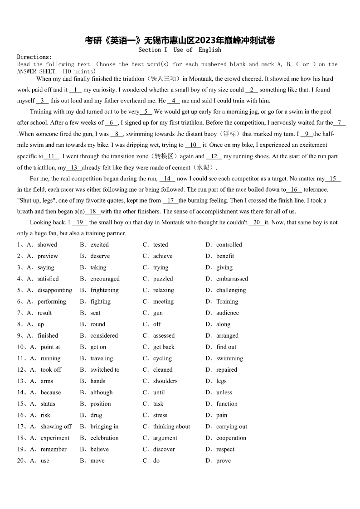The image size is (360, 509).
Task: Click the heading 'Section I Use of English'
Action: tap(180, 50)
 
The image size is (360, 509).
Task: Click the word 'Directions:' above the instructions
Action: tap(34, 57)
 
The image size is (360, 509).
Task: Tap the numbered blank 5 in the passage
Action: tap(146, 111)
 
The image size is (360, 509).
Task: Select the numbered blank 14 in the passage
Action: tap(167, 179)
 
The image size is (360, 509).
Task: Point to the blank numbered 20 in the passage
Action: tap(257, 223)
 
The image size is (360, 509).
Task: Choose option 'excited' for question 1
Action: tap(99, 245)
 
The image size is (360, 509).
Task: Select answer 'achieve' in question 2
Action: tap(162, 256)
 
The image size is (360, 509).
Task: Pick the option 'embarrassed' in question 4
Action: tap(232, 279)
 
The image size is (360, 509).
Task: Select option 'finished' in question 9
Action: tap(48, 336)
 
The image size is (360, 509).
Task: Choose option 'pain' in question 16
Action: tap(222, 415)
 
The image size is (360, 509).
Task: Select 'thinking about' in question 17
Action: tap(171, 427)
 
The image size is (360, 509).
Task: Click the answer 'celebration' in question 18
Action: tap(104, 438)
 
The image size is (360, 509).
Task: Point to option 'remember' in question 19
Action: tap(54, 449)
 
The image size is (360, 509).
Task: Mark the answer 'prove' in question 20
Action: tap(223, 461)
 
